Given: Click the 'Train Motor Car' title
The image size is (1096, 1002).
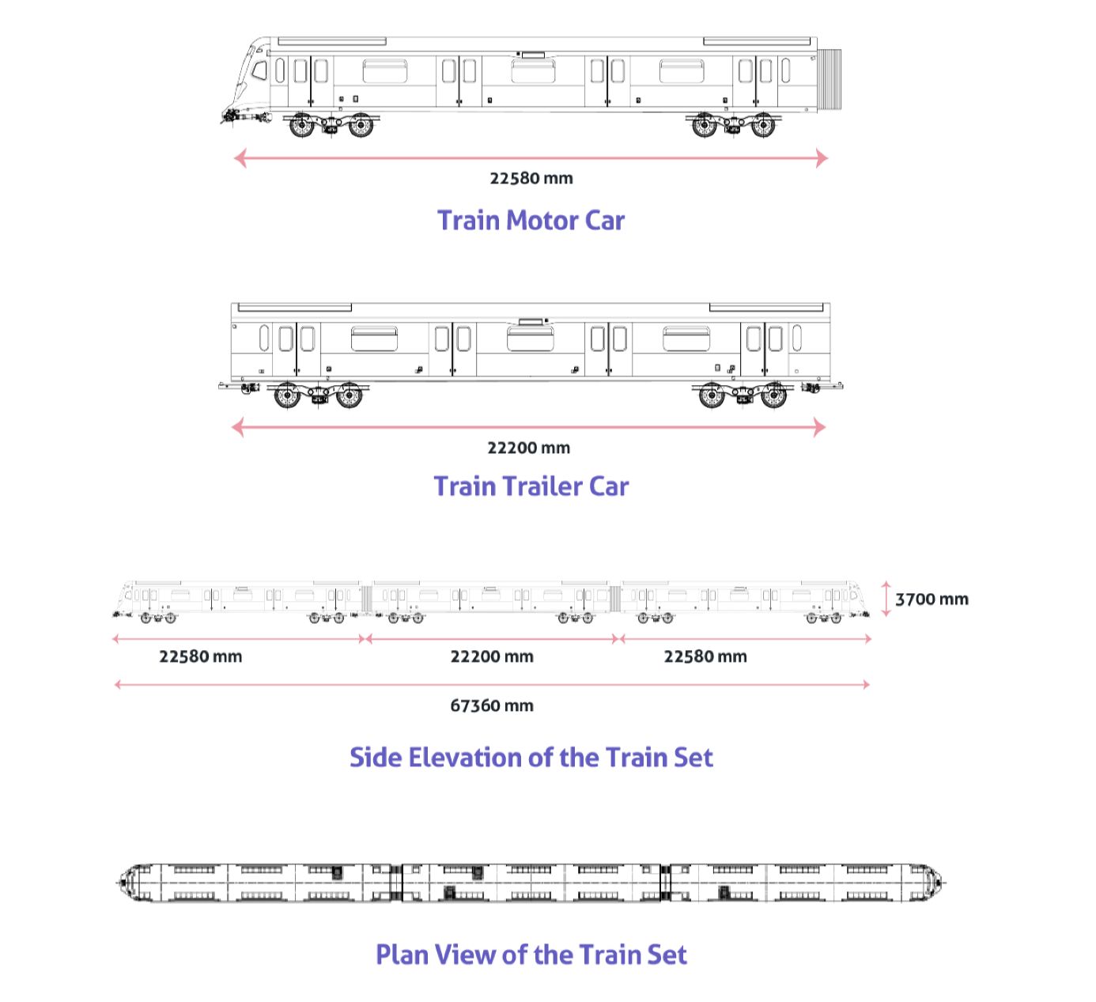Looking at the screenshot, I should [531, 220].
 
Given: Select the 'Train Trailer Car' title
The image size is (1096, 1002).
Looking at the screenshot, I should [531, 486].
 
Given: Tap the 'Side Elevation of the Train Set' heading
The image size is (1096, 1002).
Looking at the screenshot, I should [531, 757].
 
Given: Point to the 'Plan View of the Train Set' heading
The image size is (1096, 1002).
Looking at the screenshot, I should [531, 954].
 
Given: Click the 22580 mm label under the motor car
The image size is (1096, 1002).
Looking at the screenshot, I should [531, 178].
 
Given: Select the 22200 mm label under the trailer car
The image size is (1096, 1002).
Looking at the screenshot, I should [528, 448].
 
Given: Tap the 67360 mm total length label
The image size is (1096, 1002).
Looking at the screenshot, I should [491, 705].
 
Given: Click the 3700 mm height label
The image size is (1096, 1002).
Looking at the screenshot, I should [932, 599].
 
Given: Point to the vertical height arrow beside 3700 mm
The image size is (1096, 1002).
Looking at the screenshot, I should [886, 599].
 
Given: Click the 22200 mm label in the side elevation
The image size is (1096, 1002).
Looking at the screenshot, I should [491, 656].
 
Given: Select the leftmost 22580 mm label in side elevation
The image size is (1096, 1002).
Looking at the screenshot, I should [200, 656].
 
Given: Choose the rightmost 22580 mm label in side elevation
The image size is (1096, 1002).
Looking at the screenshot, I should [705, 656].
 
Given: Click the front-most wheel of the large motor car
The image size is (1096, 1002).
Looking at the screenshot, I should [301, 125].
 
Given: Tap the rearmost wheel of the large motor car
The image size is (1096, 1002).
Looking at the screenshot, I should [763, 125].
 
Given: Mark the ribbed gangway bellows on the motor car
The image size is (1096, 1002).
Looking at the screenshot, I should [829, 79].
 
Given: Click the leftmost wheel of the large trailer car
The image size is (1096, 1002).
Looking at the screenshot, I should [287, 395].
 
